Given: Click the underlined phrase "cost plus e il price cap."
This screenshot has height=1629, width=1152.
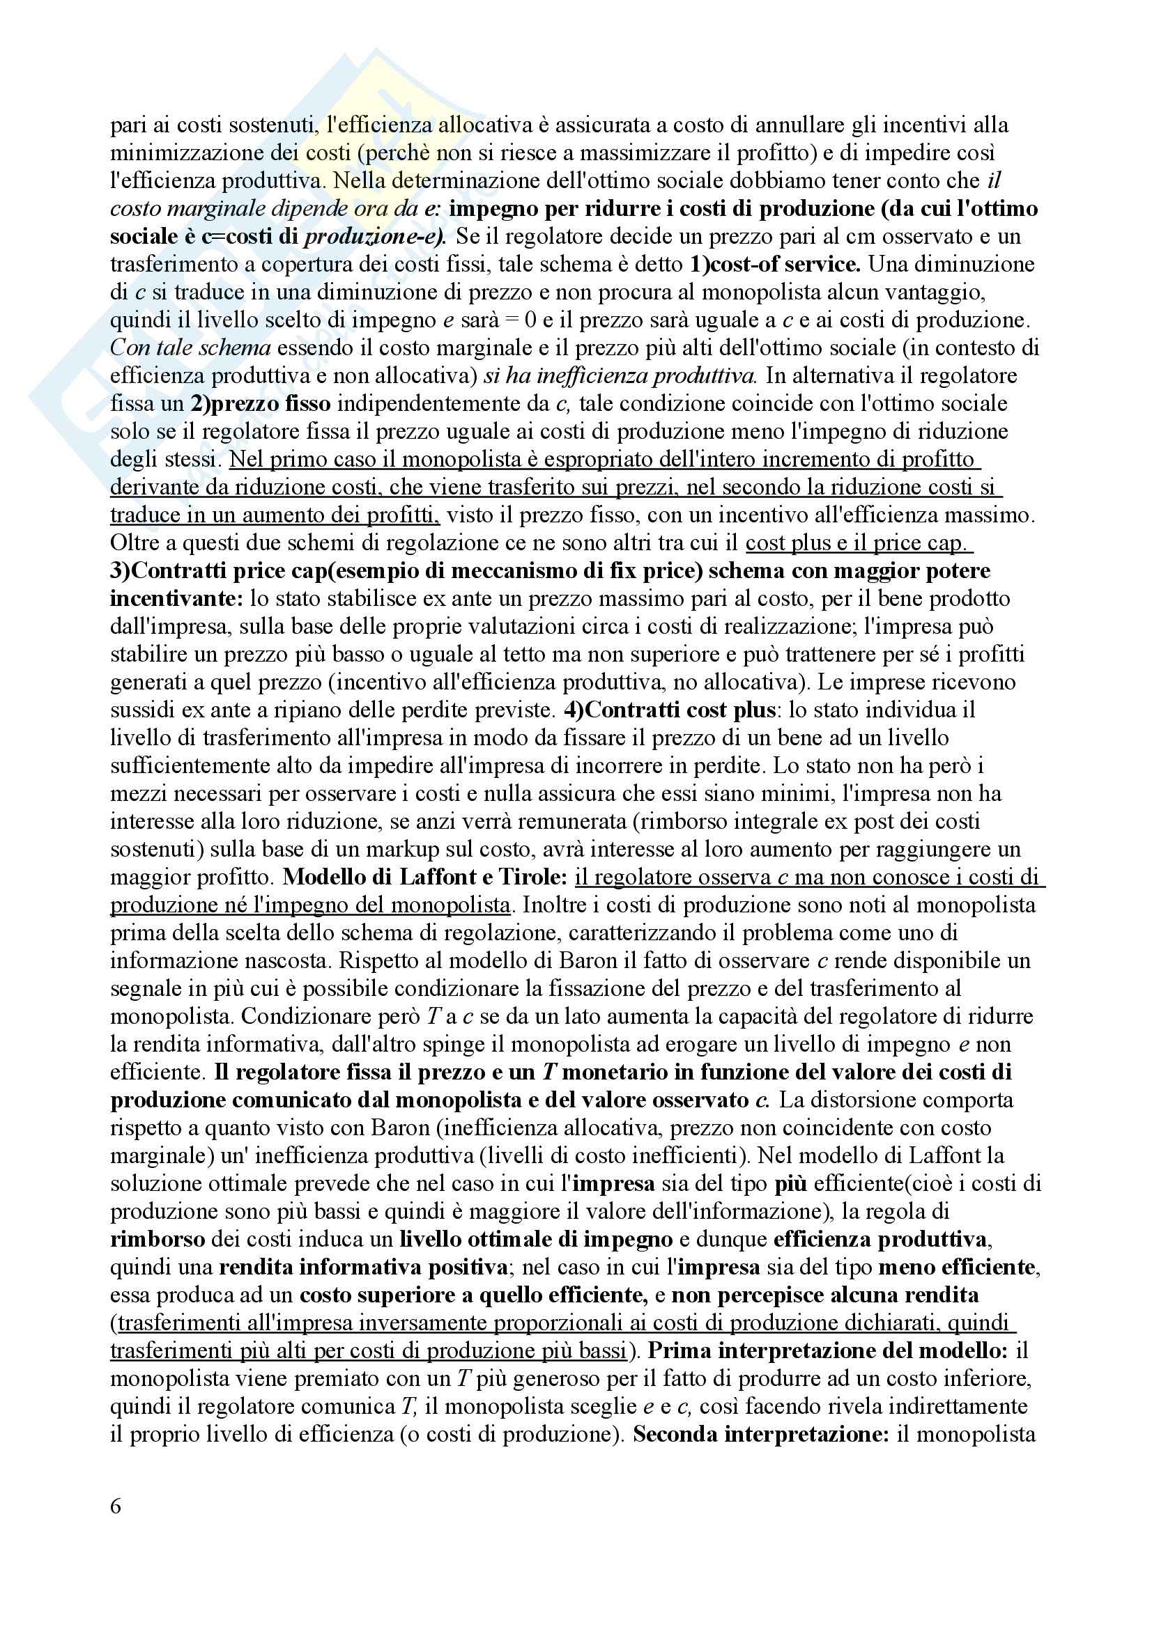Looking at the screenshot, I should click(859, 543).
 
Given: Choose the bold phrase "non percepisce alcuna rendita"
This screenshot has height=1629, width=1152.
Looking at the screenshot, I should click(825, 1295).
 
